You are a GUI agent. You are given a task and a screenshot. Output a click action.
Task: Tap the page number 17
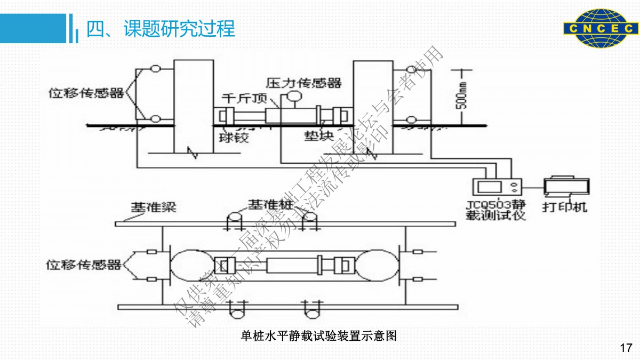pyautogui.click(x=626, y=348)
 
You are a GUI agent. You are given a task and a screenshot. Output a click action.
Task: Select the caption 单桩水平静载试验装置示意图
pyautogui.click(x=319, y=336)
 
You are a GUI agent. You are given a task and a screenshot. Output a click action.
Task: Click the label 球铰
pyautogui.click(x=233, y=137)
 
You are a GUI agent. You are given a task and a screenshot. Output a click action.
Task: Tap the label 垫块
pyautogui.click(x=319, y=137)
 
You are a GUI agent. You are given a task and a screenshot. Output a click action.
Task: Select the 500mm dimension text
pyautogui.click(x=463, y=95)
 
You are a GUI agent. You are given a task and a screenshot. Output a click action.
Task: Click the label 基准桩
pyautogui.click(x=269, y=204)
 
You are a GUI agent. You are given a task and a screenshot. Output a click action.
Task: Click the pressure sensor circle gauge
pyautogui.click(x=293, y=95)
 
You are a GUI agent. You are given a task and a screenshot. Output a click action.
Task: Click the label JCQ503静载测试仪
pyautogui.click(x=495, y=210)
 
